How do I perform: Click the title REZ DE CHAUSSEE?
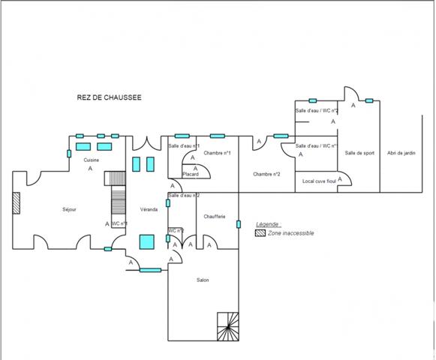[x=109, y=97]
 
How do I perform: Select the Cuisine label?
[x=91, y=160]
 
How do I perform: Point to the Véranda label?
[x=149, y=209]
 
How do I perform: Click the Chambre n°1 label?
[x=217, y=153]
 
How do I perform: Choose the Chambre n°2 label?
[x=266, y=174]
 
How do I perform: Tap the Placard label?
[x=191, y=174]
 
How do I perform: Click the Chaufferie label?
[x=215, y=217]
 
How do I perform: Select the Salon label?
[x=202, y=280]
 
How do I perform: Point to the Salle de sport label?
[x=359, y=153]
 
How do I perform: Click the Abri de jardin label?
[x=401, y=153]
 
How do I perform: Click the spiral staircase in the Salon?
[x=227, y=325]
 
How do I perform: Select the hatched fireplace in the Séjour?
[x=16, y=204]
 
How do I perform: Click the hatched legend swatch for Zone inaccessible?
[x=259, y=233]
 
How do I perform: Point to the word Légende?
[x=267, y=224]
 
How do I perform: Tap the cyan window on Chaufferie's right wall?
[x=238, y=223]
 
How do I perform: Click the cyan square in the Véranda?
[x=146, y=241]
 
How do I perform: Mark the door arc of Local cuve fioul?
[x=345, y=180]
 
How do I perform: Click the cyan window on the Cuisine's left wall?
[x=69, y=154]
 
